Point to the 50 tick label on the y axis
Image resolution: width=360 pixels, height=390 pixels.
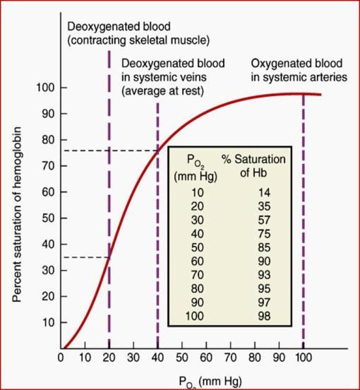tap(48, 218)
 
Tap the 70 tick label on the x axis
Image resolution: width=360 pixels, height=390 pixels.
tap(230, 357)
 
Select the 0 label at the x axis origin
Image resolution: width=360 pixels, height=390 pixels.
tap(61, 357)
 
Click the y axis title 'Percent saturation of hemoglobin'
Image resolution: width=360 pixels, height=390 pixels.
tap(17, 215)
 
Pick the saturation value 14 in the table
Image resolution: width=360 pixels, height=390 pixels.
tap(264, 192)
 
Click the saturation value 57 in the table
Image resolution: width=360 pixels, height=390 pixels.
tap(264, 220)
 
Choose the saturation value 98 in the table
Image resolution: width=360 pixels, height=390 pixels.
tap(264, 316)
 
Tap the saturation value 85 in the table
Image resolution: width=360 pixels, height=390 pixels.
tap(264, 247)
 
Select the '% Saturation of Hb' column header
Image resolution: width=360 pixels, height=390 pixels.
tap(253, 165)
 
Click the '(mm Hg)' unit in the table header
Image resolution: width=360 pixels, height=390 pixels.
tap(196, 177)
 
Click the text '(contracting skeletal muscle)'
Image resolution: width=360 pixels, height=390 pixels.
tap(138, 40)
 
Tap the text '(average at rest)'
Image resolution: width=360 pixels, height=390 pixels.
tap(162, 91)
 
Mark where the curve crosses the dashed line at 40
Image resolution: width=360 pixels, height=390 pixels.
tap(157, 151)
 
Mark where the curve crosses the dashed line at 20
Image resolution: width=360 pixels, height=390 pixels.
tap(109, 257)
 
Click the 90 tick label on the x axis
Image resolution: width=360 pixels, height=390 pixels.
tap(279, 357)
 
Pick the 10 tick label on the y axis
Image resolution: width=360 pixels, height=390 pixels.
tap(48, 323)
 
